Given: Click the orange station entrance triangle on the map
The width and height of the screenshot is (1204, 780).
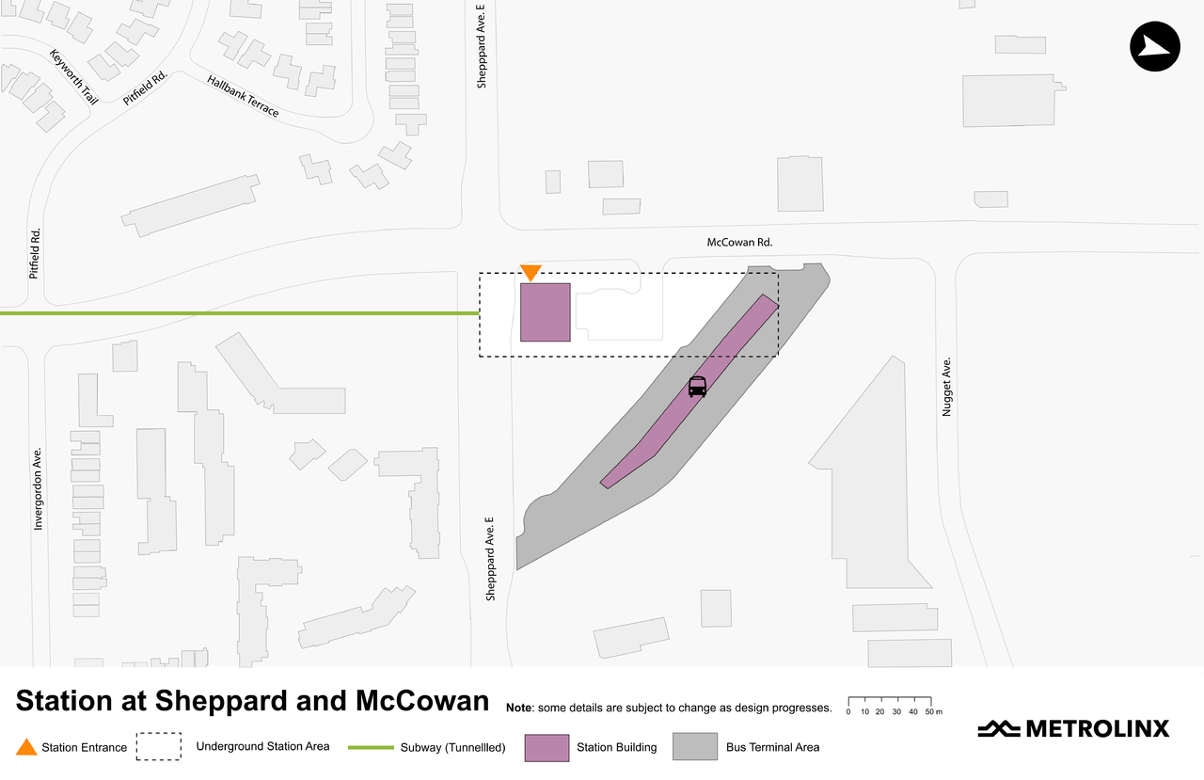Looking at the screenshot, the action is coord(531,272).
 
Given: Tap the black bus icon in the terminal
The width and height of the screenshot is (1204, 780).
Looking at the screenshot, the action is coord(697,386).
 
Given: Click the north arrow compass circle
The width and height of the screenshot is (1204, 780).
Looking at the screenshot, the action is coord(1154,46).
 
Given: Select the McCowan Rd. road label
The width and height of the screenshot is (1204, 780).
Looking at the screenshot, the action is coord(739,242).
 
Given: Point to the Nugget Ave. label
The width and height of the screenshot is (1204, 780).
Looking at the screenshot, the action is coord(947,386).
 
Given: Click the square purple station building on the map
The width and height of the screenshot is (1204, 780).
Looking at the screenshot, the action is coord(546,311).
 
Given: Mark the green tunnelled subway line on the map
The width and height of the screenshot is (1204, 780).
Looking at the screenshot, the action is coord(235,313).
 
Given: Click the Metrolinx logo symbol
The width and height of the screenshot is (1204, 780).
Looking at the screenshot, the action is coord(999,728).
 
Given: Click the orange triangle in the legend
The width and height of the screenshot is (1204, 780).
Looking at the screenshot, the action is coord(26,747).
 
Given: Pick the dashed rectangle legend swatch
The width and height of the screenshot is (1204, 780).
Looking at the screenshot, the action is coord(158,746).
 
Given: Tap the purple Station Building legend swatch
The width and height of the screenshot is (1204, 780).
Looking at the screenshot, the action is coord(546,747).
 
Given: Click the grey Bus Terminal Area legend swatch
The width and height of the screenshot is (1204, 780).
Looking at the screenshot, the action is coord(694,747).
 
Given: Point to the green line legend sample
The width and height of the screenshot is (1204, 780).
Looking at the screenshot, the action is coord(371,747).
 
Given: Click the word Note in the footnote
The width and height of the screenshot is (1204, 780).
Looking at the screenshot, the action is coord(519,708).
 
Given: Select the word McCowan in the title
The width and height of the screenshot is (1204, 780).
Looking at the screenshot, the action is coord(422,702).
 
